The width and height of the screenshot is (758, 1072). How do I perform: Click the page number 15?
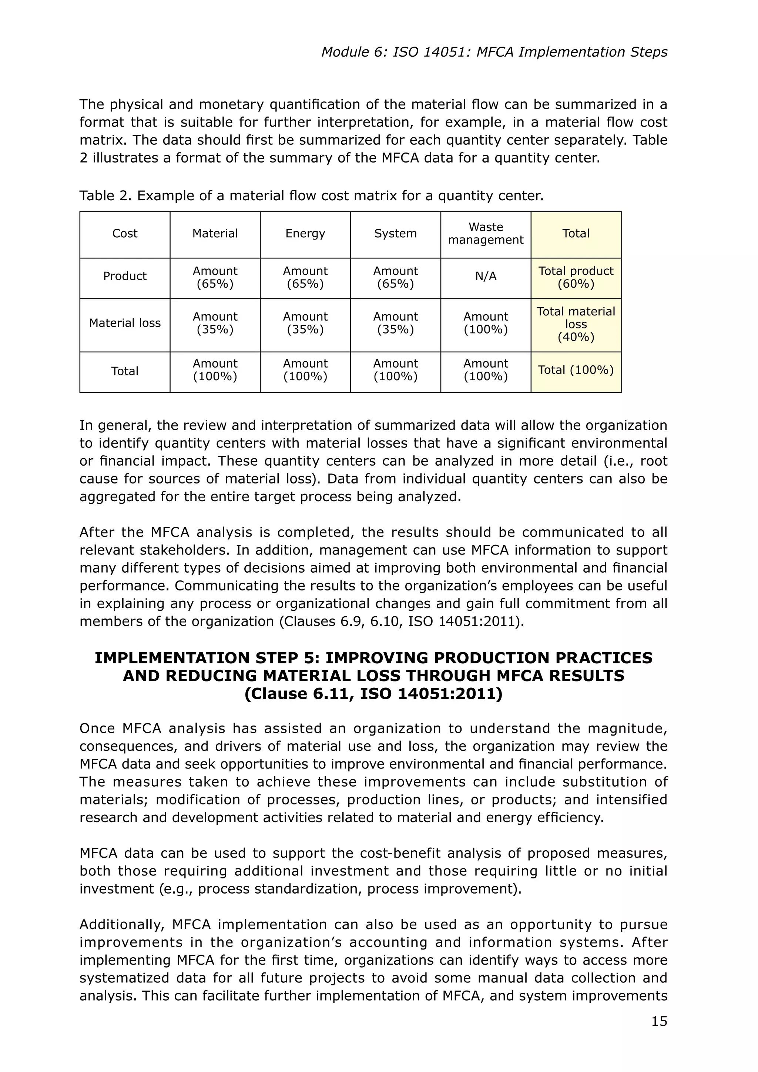[x=659, y=1021]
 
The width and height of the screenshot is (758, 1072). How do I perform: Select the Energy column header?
[x=305, y=234]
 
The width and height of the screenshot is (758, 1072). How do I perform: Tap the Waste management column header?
[x=486, y=234]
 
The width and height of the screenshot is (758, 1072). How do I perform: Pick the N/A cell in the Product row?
[x=486, y=277]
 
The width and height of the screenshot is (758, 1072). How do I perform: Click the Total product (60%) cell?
[x=576, y=277]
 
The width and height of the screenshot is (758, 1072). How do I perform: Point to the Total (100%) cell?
[x=576, y=370]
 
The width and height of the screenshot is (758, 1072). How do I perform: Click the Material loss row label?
[x=125, y=323]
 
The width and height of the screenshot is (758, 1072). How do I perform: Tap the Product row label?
[x=125, y=277]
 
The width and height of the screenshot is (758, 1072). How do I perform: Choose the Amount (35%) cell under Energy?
[x=305, y=323]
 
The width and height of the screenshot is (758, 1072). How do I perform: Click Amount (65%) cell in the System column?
[x=395, y=277]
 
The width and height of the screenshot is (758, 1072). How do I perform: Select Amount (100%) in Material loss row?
[x=486, y=323]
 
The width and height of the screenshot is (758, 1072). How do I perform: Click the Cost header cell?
[x=125, y=234]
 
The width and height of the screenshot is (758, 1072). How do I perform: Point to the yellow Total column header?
[x=576, y=234]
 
